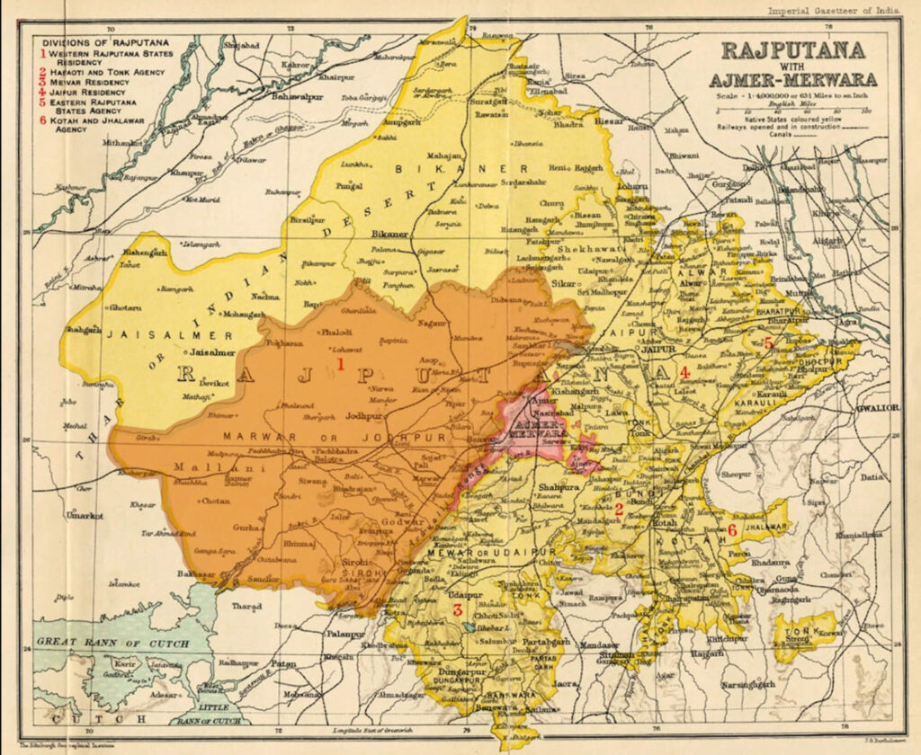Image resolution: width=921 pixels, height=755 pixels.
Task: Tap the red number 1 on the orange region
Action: coord(341,363)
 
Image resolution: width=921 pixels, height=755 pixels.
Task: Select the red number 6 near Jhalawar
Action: coord(732,530)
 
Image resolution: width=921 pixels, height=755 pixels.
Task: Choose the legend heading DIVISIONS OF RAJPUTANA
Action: coord(94,41)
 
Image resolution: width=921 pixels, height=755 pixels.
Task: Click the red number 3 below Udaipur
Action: coord(457,611)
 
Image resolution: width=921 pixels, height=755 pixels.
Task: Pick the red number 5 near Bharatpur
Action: coord(768,342)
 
